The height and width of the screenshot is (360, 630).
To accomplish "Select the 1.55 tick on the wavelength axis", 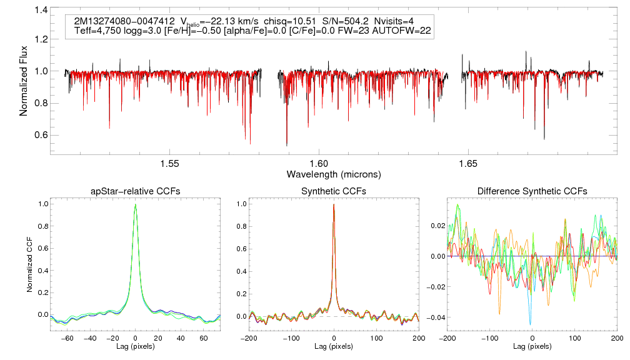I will (x=170, y=164).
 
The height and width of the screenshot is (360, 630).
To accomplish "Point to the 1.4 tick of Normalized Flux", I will (x=41, y=10).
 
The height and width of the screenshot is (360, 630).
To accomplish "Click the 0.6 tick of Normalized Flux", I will (x=41, y=135).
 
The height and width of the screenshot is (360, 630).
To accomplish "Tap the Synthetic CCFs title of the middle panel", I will (x=334, y=191).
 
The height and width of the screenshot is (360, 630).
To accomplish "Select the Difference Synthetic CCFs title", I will (x=532, y=191).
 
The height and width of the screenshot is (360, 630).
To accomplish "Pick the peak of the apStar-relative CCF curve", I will (x=135, y=204).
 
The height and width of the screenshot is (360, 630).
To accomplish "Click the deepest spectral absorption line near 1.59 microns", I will (x=287, y=145).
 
